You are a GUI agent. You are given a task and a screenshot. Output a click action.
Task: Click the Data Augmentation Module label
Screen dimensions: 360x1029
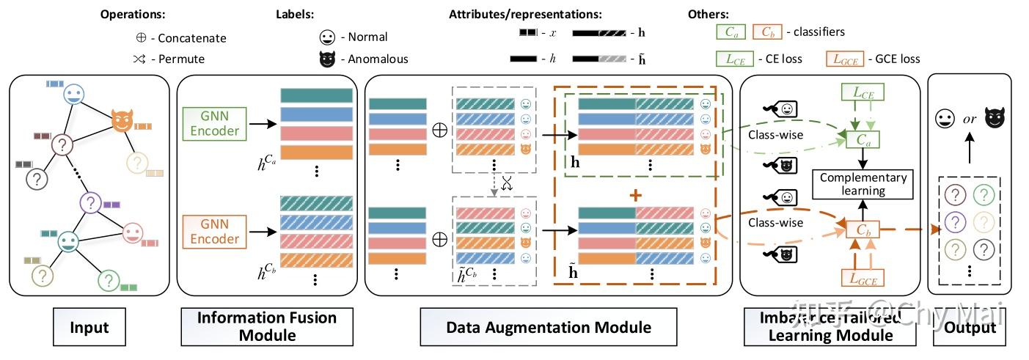click(x=550, y=327)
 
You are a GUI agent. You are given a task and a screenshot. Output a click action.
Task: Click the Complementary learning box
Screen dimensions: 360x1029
click(x=863, y=184)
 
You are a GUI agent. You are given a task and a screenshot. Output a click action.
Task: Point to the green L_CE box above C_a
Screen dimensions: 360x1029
click(x=862, y=92)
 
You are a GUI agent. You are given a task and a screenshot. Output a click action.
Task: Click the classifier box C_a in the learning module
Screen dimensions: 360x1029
click(x=862, y=140)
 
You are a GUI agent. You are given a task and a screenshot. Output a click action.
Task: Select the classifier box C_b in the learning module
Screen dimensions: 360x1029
click(x=862, y=229)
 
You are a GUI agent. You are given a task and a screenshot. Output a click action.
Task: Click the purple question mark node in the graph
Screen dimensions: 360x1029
click(x=90, y=202)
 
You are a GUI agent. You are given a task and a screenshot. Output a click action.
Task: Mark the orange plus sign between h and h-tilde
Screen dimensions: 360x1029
click(x=635, y=196)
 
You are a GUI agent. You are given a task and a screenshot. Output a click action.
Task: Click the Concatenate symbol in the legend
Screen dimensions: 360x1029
click(x=141, y=38)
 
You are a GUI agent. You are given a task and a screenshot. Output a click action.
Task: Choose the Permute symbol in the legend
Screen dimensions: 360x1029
click(x=141, y=59)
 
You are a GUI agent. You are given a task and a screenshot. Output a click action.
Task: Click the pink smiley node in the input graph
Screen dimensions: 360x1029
click(x=132, y=233)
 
